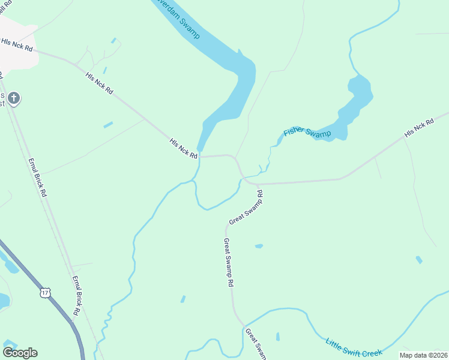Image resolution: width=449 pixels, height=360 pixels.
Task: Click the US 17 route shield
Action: (x=45, y=292)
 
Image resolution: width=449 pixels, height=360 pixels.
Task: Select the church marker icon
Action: (x=14, y=98)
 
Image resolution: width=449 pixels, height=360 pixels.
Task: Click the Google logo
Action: (x=20, y=352)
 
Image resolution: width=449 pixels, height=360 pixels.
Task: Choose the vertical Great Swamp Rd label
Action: (x=228, y=262)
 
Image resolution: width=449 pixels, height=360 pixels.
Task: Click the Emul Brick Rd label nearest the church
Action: (x=37, y=178)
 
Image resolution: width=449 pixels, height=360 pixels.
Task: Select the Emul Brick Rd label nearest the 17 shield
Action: (x=76, y=295)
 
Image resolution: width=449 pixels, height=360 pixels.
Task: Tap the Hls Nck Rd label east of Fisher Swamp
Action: (x=419, y=128)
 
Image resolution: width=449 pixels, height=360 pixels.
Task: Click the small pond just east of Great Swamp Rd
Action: (x=259, y=246)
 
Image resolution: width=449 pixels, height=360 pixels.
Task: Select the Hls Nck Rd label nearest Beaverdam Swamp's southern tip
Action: (x=184, y=148)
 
